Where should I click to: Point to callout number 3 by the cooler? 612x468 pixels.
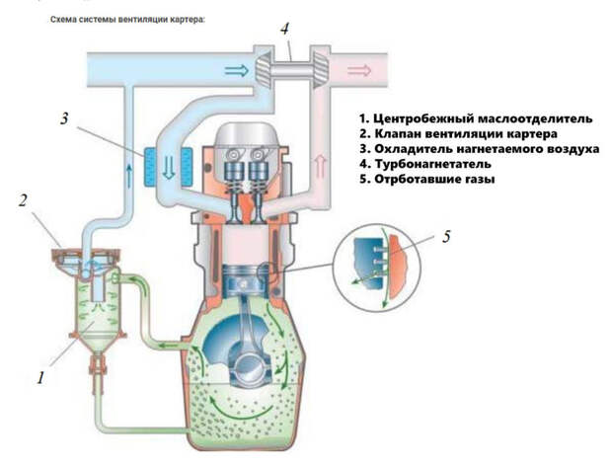pos(63,120)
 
